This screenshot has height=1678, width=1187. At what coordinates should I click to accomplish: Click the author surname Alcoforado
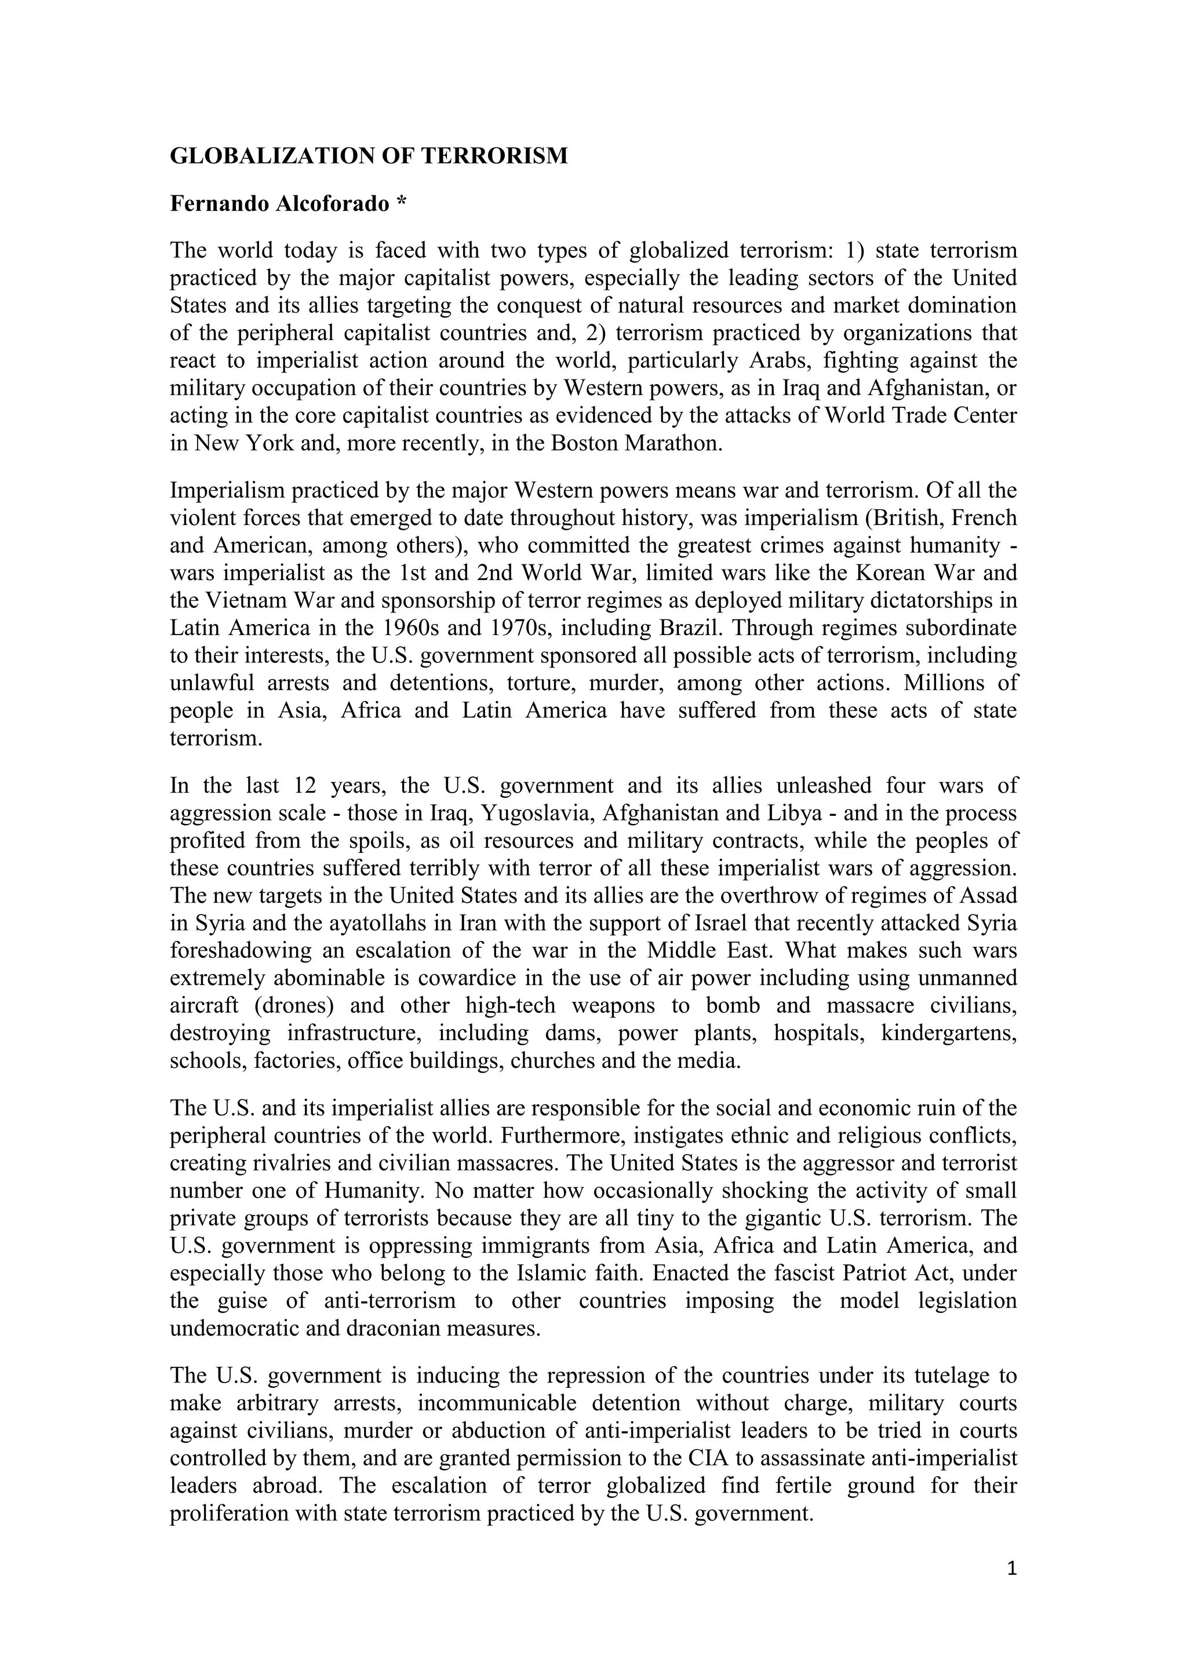[333, 204]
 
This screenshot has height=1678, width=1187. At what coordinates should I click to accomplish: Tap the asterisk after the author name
[400, 202]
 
